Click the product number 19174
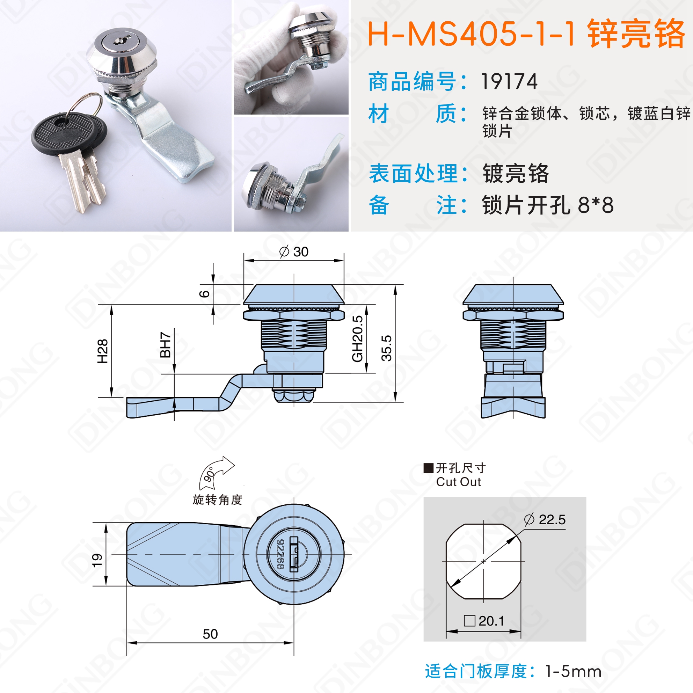point(509,82)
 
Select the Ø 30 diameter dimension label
point(294,252)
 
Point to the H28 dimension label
point(103,351)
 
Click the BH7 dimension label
point(165,345)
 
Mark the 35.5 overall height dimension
point(387,348)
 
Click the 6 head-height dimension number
point(204,294)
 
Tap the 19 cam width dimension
point(97,560)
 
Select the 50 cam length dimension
point(210,634)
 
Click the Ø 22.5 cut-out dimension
point(545,519)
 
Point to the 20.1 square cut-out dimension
point(484,621)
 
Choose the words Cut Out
point(458,482)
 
